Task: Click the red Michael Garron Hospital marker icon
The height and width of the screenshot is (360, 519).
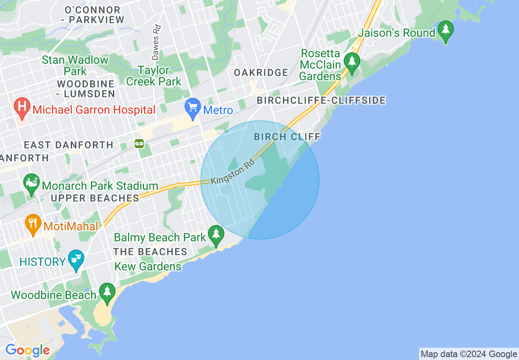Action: coord(22,108)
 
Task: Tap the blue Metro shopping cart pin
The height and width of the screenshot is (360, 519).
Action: coord(192,108)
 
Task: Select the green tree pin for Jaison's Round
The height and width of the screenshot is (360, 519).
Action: coord(445,31)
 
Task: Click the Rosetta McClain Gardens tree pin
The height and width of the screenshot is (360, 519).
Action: coord(351,63)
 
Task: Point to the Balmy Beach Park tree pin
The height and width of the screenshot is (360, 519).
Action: coord(216,235)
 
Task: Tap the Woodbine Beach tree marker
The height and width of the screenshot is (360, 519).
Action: coord(107,292)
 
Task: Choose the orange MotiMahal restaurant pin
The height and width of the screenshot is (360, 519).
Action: coord(33,224)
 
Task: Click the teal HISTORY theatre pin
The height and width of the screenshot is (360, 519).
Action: coord(76,260)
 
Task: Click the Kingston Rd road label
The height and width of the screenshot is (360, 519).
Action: coord(233,171)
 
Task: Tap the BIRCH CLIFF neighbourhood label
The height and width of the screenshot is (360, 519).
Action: coord(287,137)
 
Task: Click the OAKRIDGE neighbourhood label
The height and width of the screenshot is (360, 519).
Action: coord(261,73)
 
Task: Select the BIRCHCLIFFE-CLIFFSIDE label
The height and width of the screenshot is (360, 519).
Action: coord(321,100)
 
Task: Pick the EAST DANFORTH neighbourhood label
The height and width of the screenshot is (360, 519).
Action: coord(68,145)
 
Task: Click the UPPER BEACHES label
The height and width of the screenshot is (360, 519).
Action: coord(95,198)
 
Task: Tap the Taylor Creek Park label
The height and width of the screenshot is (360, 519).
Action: coord(153,76)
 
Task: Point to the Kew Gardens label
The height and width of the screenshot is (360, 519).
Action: coord(148,267)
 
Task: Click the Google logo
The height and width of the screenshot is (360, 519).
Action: coord(27,350)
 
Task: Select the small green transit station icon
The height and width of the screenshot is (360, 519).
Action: coord(140,144)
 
